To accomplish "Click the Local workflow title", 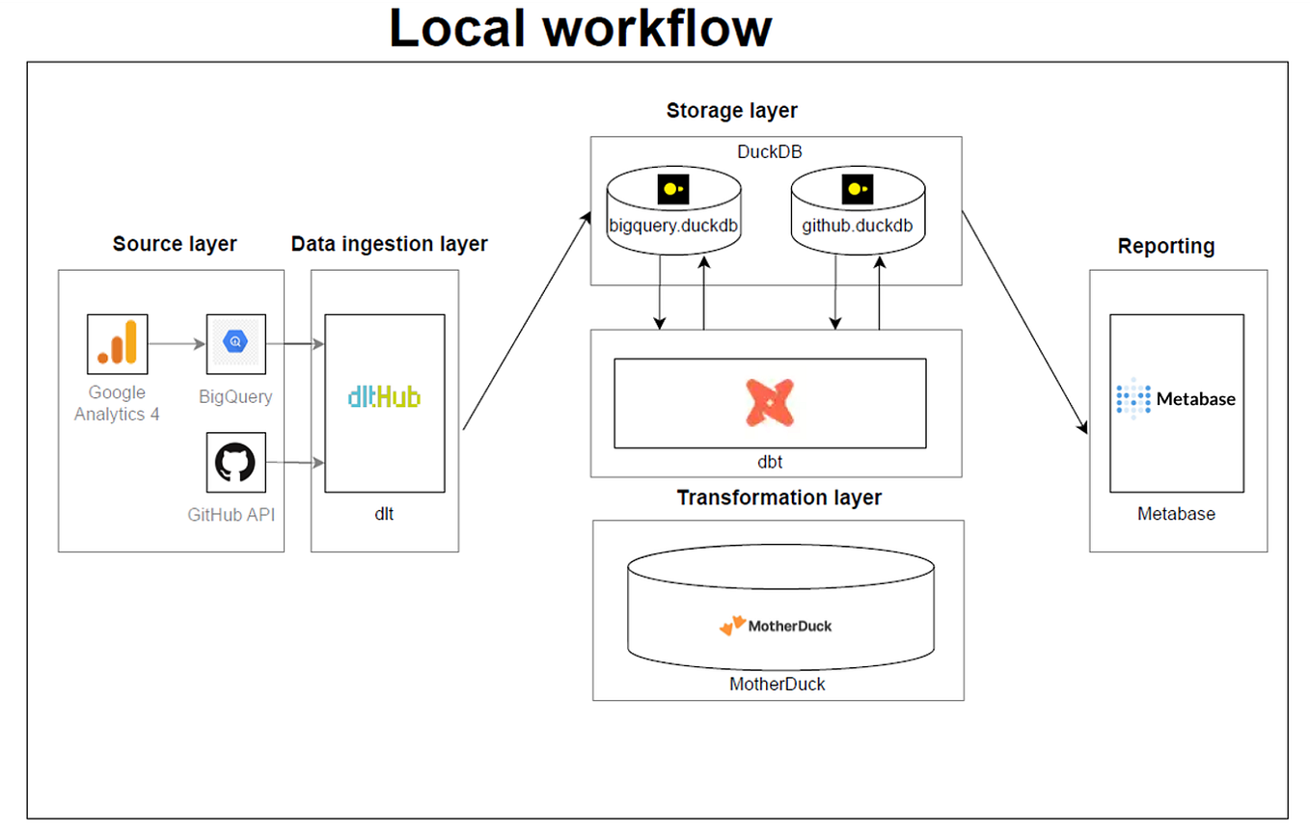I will pyautogui.click(x=580, y=28).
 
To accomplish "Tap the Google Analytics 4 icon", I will pyautogui.click(x=117, y=343).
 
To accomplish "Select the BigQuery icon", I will pyautogui.click(x=235, y=343).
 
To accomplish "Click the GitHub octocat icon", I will pyautogui.click(x=235, y=463).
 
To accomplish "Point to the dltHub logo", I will pyautogui.click(x=384, y=396).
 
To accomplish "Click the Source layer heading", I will pyautogui.click(x=175, y=244).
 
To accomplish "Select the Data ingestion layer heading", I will pyautogui.click(x=389, y=244).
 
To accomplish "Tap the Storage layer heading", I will pyautogui.click(x=731, y=111).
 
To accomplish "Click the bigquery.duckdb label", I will pyautogui.click(x=672, y=228).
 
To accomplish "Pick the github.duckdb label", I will pyautogui.click(x=856, y=228).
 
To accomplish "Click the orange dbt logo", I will pyautogui.click(x=770, y=403).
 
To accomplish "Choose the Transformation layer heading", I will pyautogui.click(x=778, y=498).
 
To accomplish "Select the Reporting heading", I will pyautogui.click(x=1165, y=247).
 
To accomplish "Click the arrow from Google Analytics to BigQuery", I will pyautogui.click(x=177, y=343).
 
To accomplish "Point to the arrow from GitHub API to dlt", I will pyautogui.click(x=294, y=464).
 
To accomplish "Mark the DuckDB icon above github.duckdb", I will pyautogui.click(x=856, y=190).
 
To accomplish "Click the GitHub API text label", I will pyautogui.click(x=232, y=515).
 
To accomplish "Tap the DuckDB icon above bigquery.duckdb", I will pyautogui.click(x=672, y=190).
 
